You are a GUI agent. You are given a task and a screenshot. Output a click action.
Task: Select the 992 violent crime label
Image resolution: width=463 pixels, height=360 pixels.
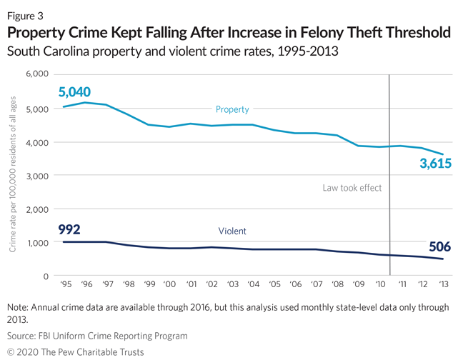pyautogui.click(x=69, y=229)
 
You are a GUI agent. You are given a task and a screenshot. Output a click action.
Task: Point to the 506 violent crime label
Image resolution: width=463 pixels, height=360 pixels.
pyautogui.click(x=441, y=246)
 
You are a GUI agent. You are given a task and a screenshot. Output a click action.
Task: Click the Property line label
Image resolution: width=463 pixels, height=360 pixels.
pyautogui.click(x=232, y=109)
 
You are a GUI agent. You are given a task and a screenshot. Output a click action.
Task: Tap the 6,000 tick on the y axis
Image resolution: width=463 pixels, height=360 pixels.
pyautogui.click(x=35, y=74)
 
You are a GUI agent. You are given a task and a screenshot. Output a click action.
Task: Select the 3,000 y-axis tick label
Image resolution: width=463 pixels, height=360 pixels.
pyautogui.click(x=35, y=175)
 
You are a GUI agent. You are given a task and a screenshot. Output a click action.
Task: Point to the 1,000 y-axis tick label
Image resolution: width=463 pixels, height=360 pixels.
pyautogui.click(x=35, y=242)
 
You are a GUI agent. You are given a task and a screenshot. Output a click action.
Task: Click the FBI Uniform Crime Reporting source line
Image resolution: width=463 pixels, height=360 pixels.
pyautogui.click(x=98, y=335)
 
